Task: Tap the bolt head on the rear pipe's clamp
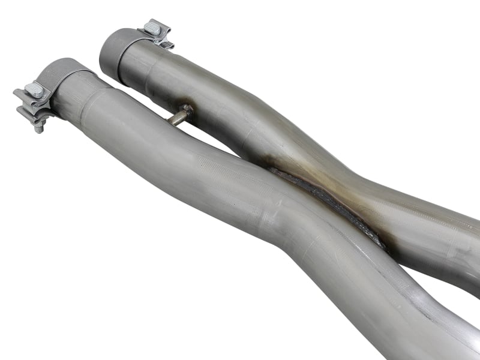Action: (x=152, y=28)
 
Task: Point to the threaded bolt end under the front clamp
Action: (x=40, y=127)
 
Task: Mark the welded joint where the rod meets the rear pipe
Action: (x=188, y=109)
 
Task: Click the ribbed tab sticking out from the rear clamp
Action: (x=164, y=42)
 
